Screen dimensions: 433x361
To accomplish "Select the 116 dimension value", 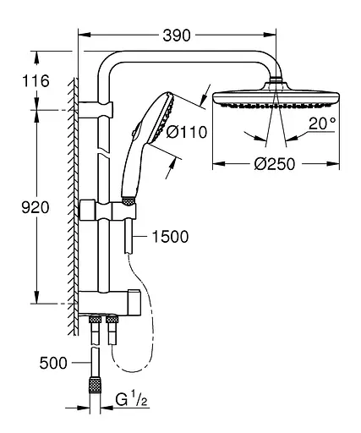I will [x=37, y=82].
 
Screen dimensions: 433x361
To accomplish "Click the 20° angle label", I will [x=321, y=123].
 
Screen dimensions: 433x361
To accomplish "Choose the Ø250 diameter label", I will [x=273, y=164].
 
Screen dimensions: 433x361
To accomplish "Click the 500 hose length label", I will [x=54, y=364].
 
